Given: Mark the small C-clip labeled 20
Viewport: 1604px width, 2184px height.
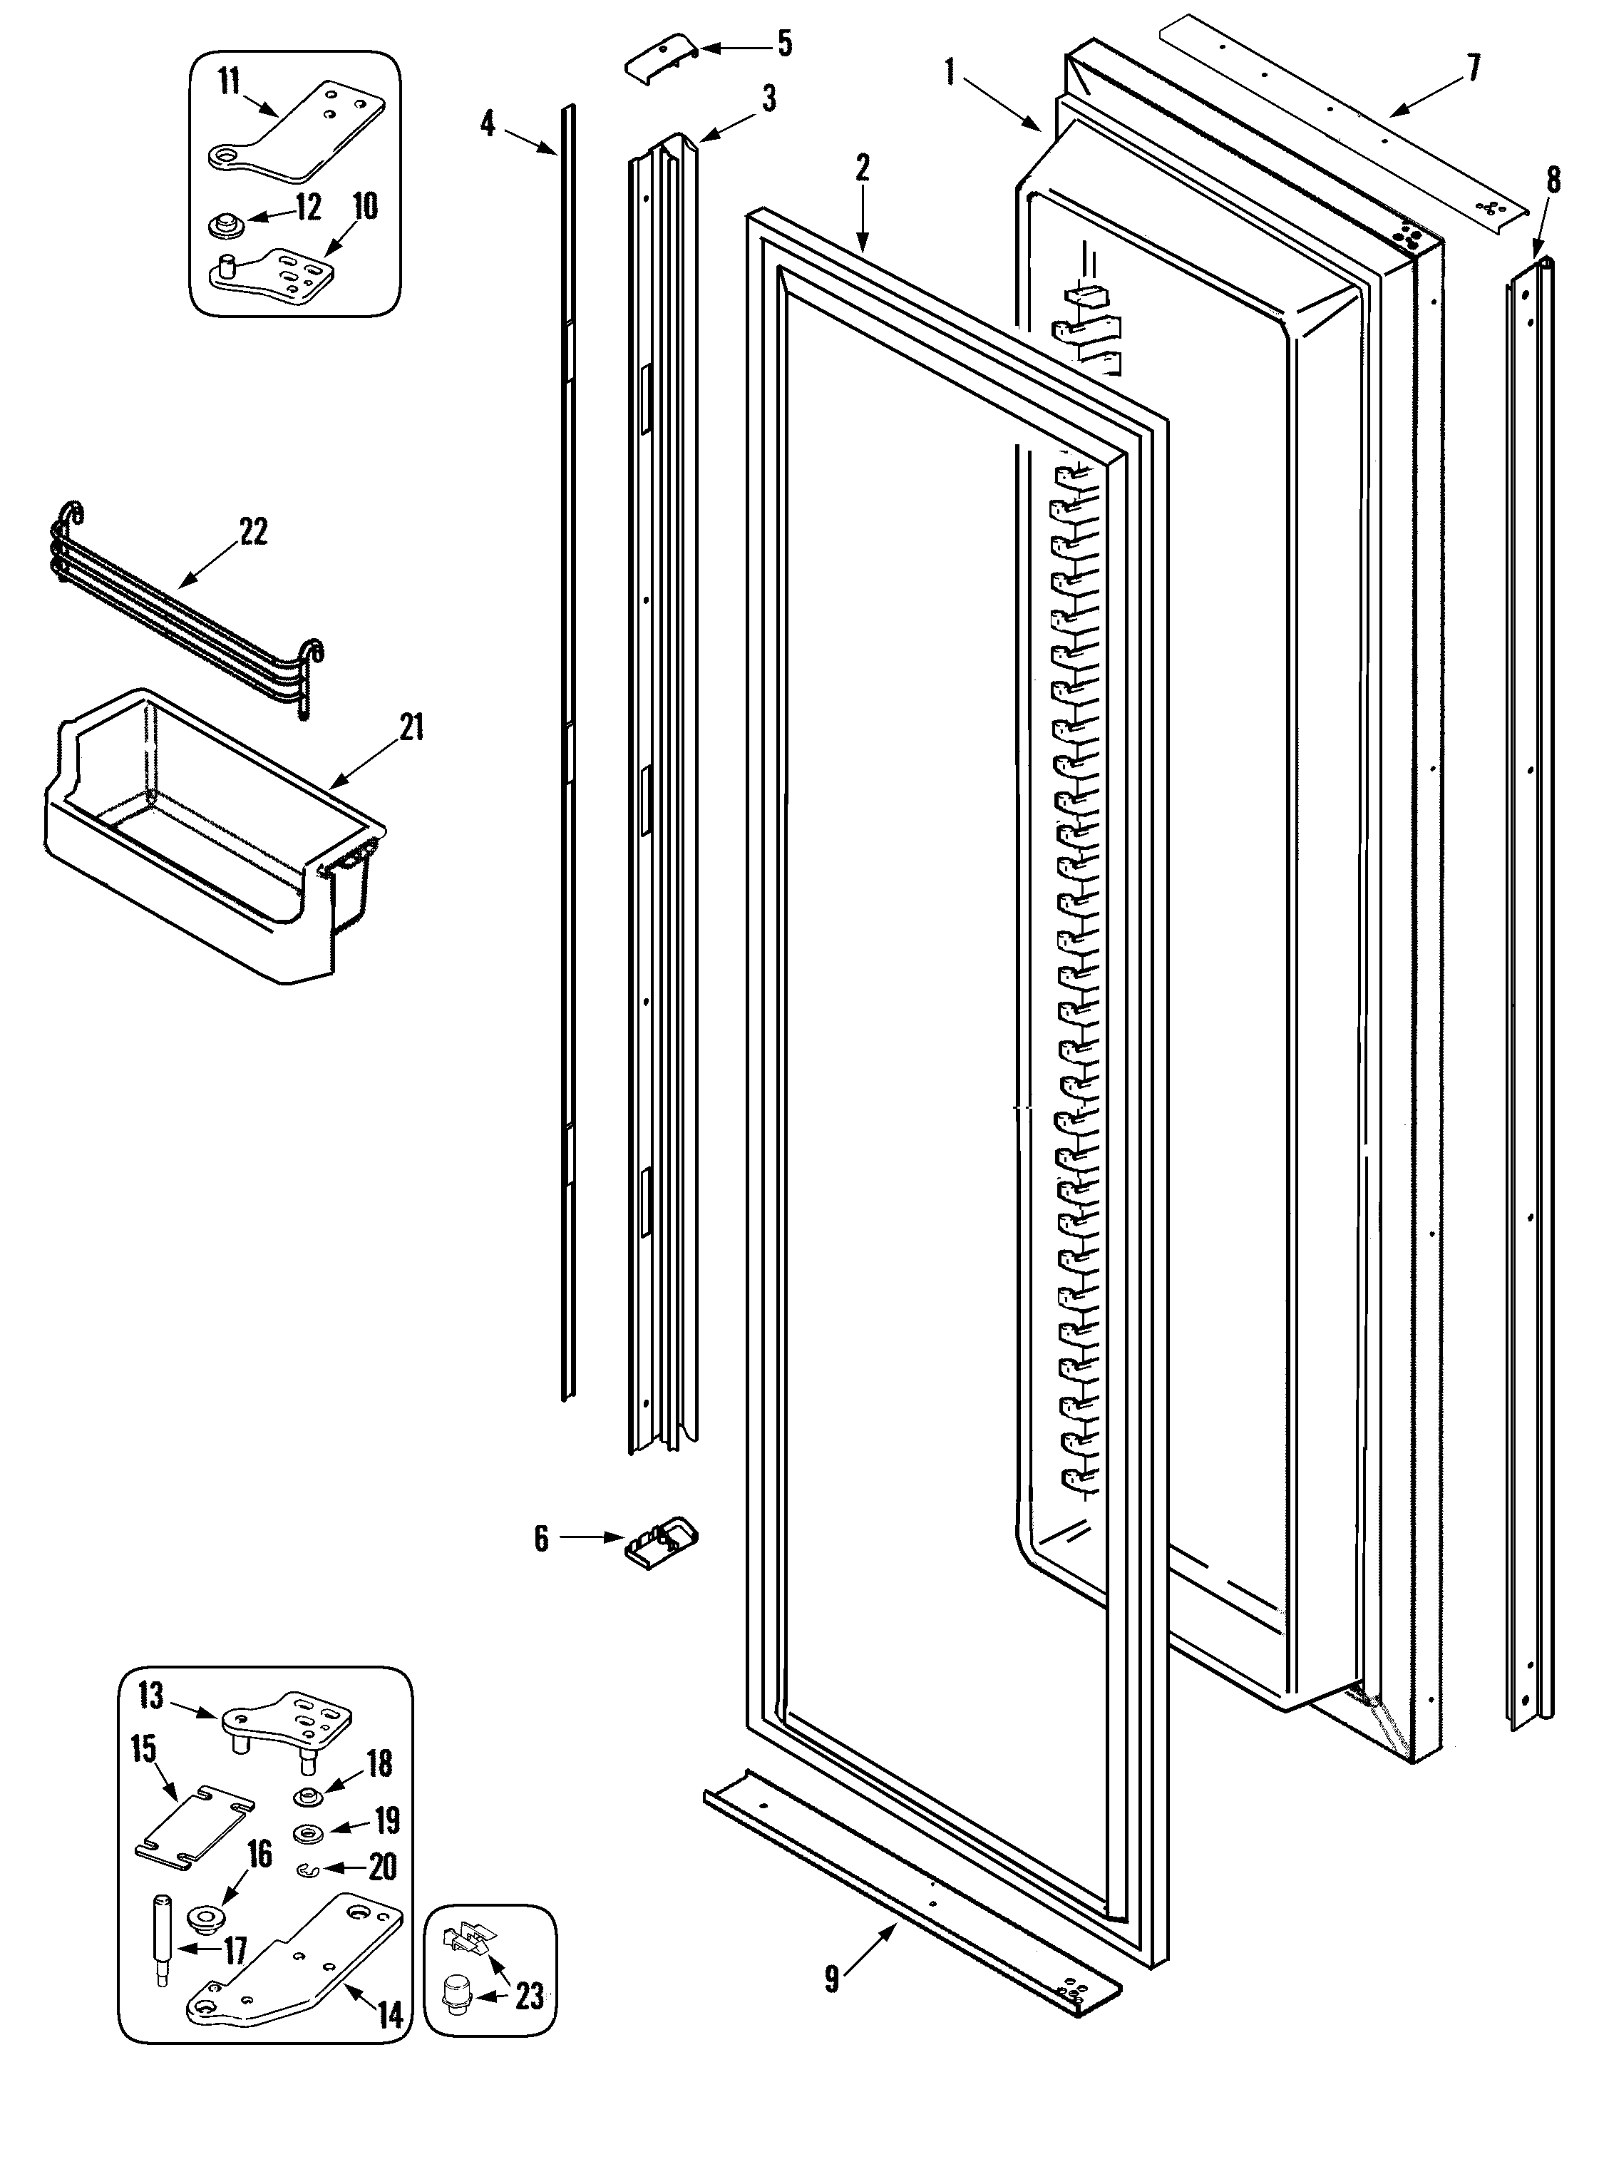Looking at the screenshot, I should pos(307,1867).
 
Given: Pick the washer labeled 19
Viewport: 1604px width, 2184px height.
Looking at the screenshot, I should pos(309,1833).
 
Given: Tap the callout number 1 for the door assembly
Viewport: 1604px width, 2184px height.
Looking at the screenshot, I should pos(950,70).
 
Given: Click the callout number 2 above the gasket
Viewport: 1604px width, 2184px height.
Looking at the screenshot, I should pos(861,168).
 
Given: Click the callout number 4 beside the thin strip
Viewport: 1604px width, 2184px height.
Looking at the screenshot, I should pos(488,123).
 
